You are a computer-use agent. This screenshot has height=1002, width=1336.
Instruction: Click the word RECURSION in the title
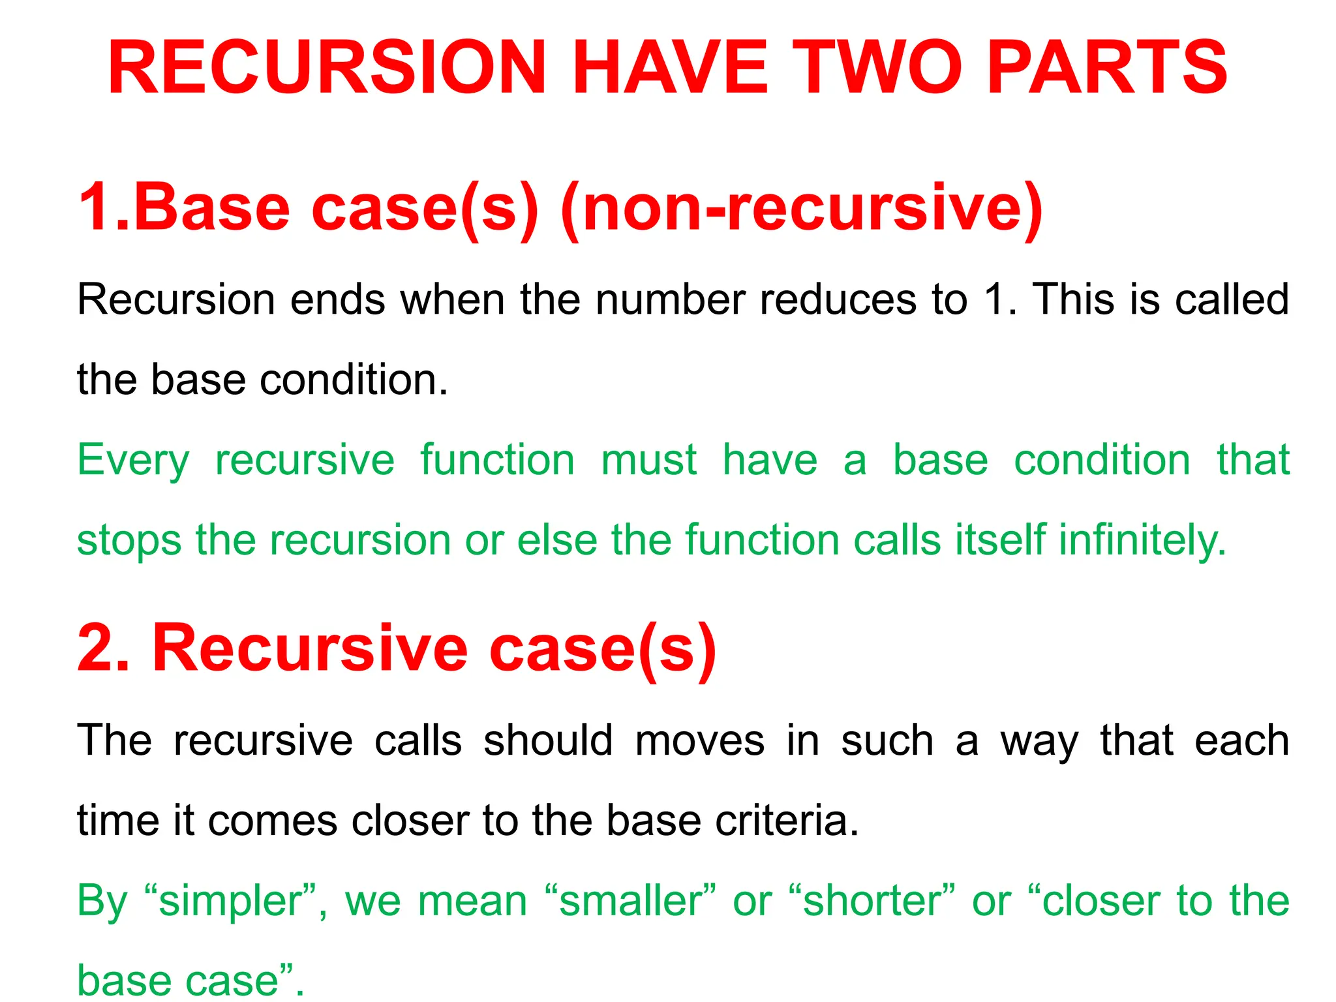pyautogui.click(x=326, y=68)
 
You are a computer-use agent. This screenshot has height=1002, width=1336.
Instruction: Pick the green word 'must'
pyautogui.click(x=649, y=460)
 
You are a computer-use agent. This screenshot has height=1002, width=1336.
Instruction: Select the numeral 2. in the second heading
pyautogui.click(x=103, y=648)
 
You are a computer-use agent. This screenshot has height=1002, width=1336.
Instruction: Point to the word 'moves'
pyautogui.click(x=699, y=742)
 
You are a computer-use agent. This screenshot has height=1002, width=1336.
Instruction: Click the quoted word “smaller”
pyautogui.click(x=630, y=901)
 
